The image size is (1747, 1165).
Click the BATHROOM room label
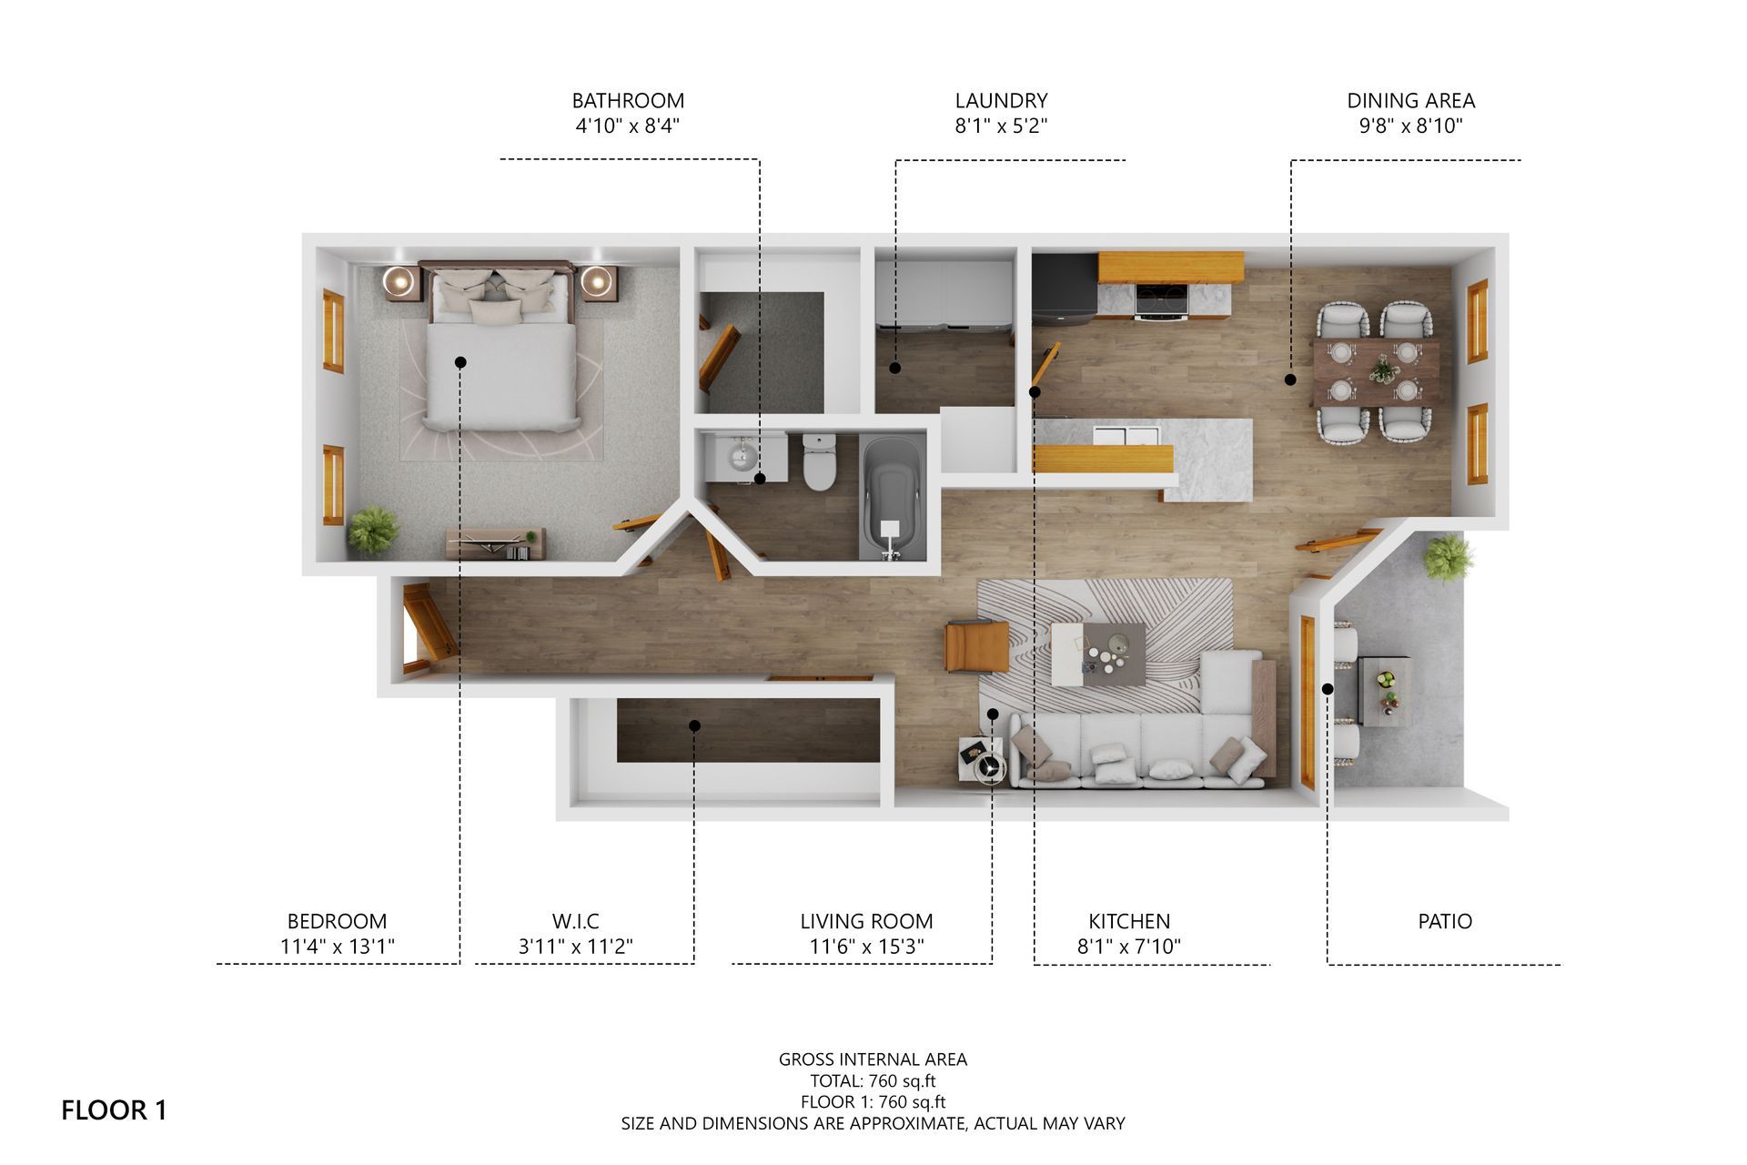pyautogui.click(x=628, y=101)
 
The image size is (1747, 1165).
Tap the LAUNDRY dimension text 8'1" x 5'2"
pyautogui.click(x=1001, y=127)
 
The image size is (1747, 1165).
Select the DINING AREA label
pyautogui.click(x=1411, y=101)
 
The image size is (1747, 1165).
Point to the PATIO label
pyautogui.click(x=1445, y=921)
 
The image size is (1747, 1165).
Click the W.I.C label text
pyautogui.click(x=575, y=921)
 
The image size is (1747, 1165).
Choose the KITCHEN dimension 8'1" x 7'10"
pyautogui.click(x=1129, y=947)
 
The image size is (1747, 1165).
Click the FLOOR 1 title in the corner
pyautogui.click(x=114, y=1110)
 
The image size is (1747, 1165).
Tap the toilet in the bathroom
pyautogui.click(x=819, y=461)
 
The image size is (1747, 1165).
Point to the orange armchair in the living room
pyautogui.click(x=976, y=645)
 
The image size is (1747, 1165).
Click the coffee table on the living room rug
pyautogui.click(x=1098, y=653)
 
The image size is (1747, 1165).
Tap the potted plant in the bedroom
pyautogui.click(x=372, y=529)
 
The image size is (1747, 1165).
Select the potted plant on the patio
pyautogui.click(x=1449, y=557)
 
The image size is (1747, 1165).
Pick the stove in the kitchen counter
pyautogui.click(x=1162, y=299)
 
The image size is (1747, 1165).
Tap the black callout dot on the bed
pyautogui.click(x=460, y=362)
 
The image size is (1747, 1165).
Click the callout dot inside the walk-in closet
pyautogui.click(x=694, y=725)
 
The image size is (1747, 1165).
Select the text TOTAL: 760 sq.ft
pyautogui.click(x=873, y=1081)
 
